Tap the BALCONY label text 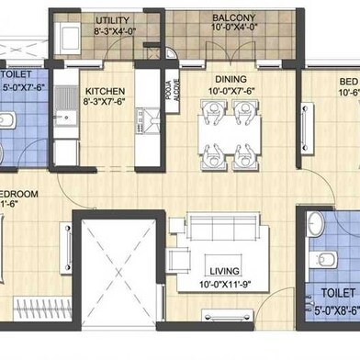[x=234, y=17]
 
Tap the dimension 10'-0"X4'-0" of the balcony [x=234, y=29]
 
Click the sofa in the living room [x=226, y=226]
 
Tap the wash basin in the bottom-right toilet [x=315, y=222]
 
